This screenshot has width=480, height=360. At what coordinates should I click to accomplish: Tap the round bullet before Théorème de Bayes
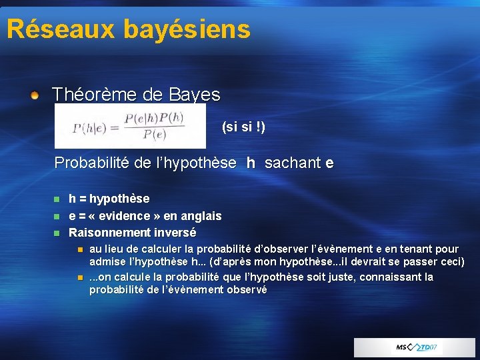35,95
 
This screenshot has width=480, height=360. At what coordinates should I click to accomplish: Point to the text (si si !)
243,127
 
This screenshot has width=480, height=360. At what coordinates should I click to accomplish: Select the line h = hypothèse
109,199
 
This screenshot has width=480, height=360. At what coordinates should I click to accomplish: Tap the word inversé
175,233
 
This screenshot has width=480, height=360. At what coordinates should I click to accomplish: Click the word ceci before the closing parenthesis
449,261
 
